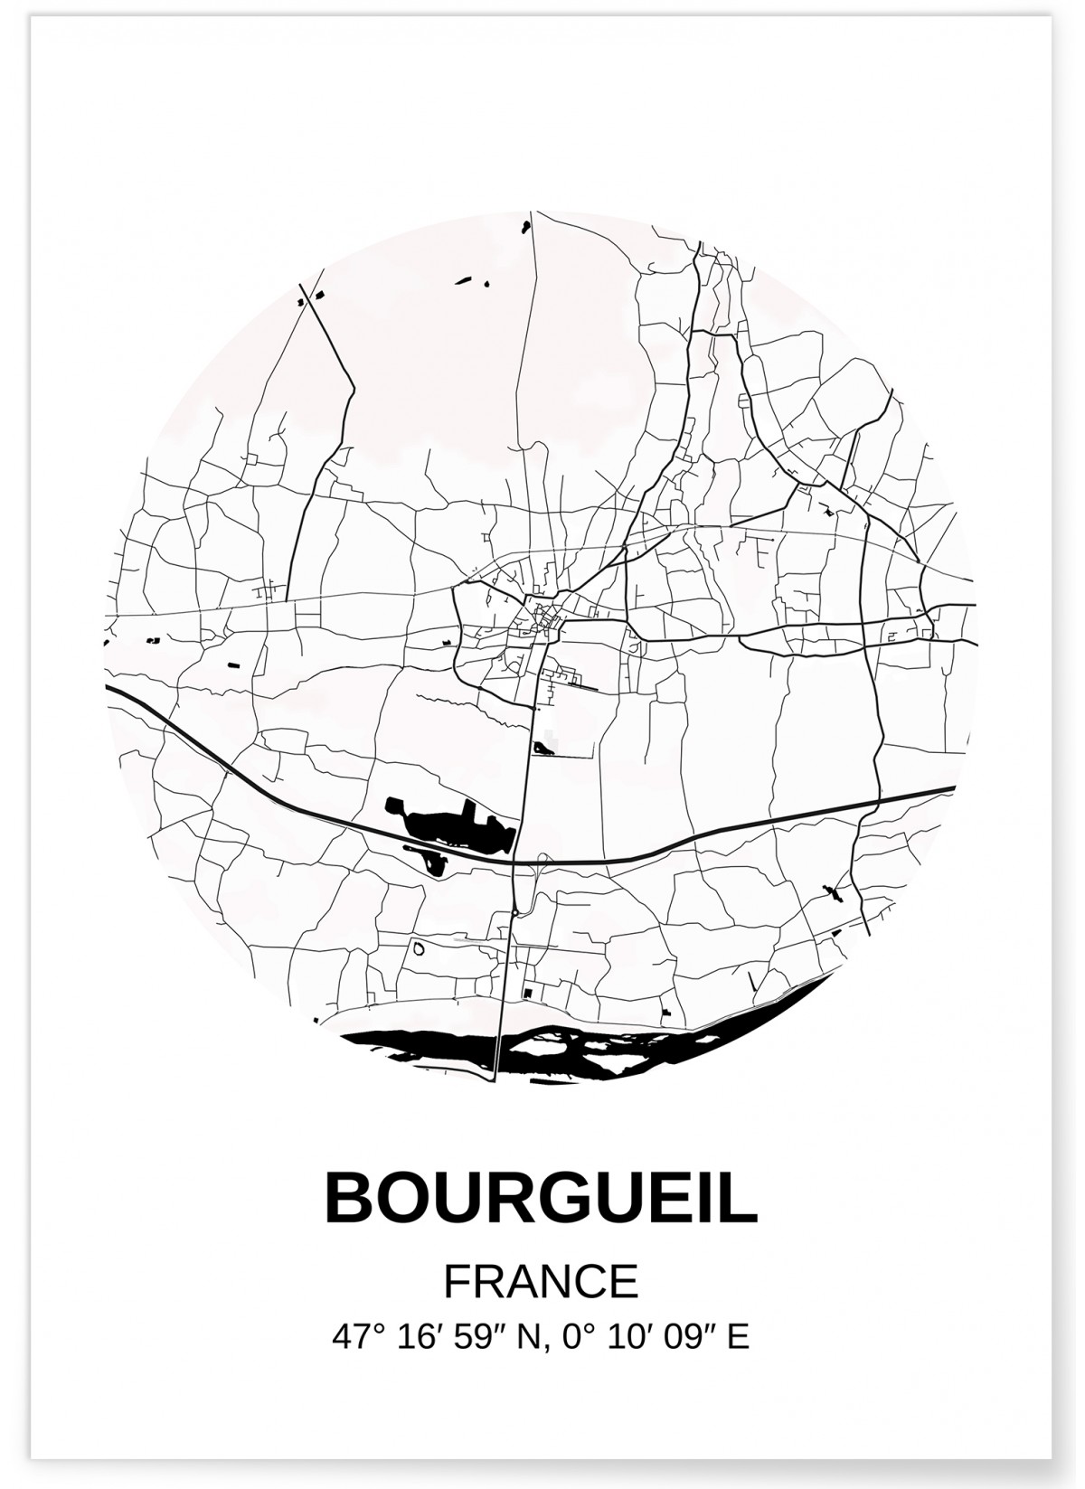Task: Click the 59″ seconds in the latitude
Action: (476, 1336)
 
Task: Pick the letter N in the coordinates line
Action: (526, 1336)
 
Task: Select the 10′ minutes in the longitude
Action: (619, 1336)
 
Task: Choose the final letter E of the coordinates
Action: (739, 1336)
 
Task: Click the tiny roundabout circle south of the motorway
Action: (513, 915)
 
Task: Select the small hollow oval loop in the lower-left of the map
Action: (419, 948)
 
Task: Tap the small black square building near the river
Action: (527, 994)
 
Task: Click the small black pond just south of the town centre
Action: (542, 749)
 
